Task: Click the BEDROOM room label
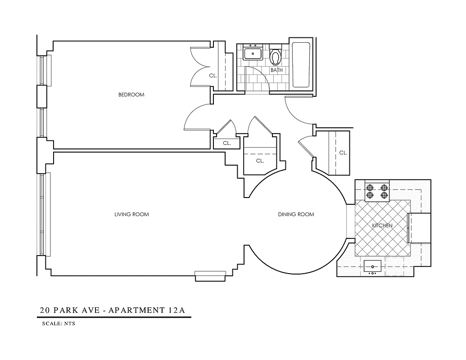(131, 94)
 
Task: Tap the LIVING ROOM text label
(131, 214)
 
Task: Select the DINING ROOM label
(296, 214)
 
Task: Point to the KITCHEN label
(382, 225)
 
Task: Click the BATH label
(276, 70)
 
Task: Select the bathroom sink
(253, 53)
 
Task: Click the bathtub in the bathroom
(301, 65)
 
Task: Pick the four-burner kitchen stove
(377, 191)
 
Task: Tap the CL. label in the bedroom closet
(213, 76)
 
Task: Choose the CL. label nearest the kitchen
(343, 153)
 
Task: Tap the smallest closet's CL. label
(226, 143)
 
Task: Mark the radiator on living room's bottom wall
(210, 275)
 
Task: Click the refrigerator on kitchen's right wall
(419, 228)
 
